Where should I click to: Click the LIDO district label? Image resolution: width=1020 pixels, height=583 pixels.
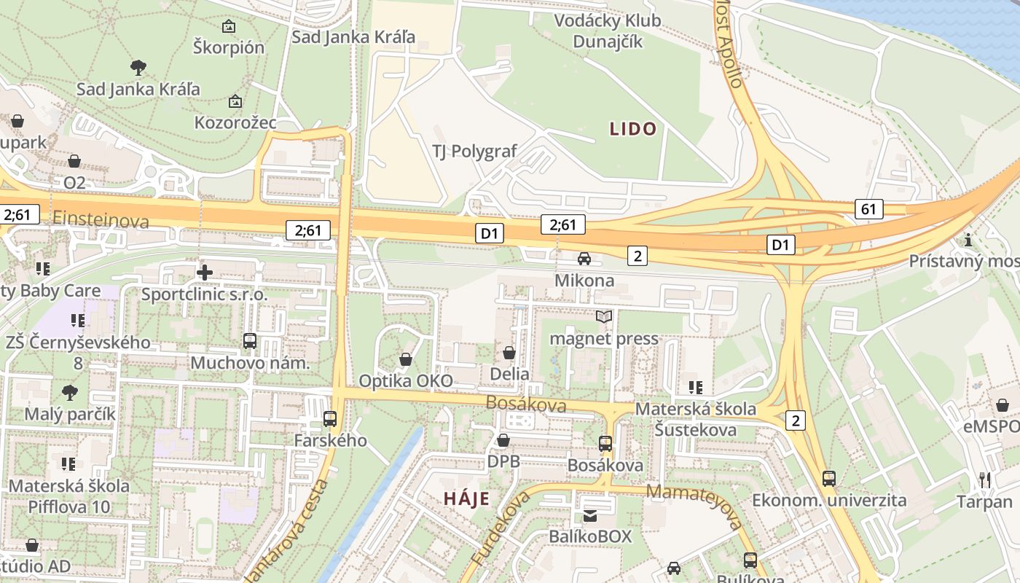[x=633, y=130]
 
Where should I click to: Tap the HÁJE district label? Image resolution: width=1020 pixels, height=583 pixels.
[x=466, y=499]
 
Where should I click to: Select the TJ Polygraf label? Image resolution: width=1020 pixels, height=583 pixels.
[x=474, y=152]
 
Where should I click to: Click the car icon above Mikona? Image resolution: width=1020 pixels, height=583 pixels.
[x=584, y=259]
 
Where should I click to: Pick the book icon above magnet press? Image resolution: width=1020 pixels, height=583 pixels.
[x=603, y=316]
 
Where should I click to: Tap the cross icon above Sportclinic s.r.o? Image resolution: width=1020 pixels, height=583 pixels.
[x=205, y=273]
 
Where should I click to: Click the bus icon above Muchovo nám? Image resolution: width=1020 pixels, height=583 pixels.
[x=250, y=340]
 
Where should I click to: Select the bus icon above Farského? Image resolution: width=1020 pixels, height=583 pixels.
[x=330, y=418]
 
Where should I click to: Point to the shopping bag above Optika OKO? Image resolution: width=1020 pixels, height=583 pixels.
[x=406, y=359]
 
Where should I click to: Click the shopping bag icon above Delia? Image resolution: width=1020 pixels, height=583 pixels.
[x=509, y=353]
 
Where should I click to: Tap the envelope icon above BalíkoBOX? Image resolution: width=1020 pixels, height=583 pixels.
[x=590, y=516]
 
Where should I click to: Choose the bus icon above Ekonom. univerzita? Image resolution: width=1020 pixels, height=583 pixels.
[x=829, y=479]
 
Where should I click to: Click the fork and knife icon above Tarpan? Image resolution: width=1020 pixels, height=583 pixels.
[x=985, y=480]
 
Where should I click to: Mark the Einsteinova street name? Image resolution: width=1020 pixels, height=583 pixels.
[x=101, y=220]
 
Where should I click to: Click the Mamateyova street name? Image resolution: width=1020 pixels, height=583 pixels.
[x=694, y=504]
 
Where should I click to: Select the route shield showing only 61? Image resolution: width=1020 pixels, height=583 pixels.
[x=868, y=210]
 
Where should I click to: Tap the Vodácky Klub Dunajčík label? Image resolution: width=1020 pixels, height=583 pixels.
[x=608, y=31]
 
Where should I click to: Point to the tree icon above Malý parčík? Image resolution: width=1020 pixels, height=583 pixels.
[x=70, y=393]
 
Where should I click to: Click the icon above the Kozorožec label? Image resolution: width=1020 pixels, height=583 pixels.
[x=235, y=101]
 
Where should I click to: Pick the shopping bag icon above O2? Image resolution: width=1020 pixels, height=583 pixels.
[x=74, y=160]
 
